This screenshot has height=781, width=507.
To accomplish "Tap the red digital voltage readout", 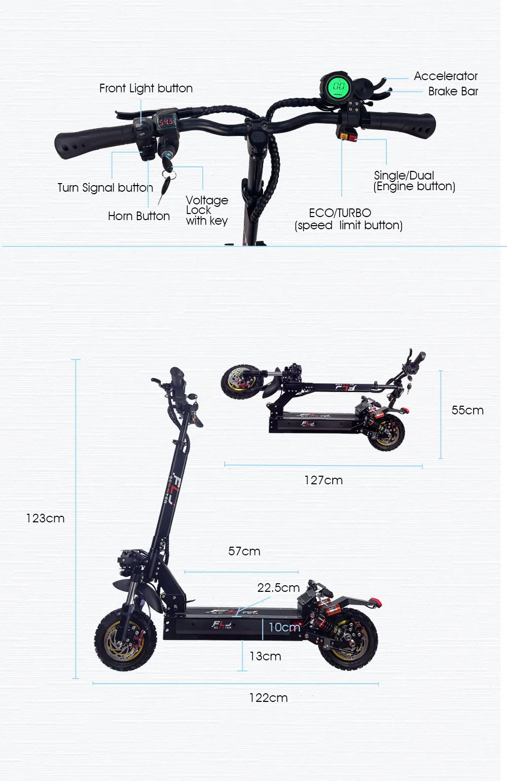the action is [x=166, y=122].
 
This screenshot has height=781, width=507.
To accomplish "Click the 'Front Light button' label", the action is [x=146, y=88].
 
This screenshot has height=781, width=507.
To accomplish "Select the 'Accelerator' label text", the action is [x=445, y=76].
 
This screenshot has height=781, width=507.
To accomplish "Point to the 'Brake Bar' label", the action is [x=453, y=91].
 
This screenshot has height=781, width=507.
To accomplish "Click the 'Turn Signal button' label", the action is [x=105, y=188].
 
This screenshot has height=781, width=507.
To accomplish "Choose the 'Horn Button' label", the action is [x=138, y=216].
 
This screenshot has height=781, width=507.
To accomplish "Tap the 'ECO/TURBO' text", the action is [x=340, y=213].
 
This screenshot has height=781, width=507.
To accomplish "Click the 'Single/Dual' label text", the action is [x=404, y=175].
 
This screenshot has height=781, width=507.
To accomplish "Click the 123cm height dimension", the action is [x=45, y=518].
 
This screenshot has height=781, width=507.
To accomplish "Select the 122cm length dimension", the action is [x=268, y=698].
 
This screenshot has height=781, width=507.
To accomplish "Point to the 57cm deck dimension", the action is [x=244, y=551].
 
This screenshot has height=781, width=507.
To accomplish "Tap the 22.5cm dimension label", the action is [x=278, y=588].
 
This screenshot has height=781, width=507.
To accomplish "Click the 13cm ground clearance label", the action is [x=265, y=656].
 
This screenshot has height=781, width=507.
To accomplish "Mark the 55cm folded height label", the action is [x=467, y=410].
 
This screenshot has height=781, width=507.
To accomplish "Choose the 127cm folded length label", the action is [x=323, y=480].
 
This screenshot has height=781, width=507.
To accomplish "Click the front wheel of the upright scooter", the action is [x=126, y=640].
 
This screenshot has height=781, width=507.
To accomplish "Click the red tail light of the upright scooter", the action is [x=376, y=602].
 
